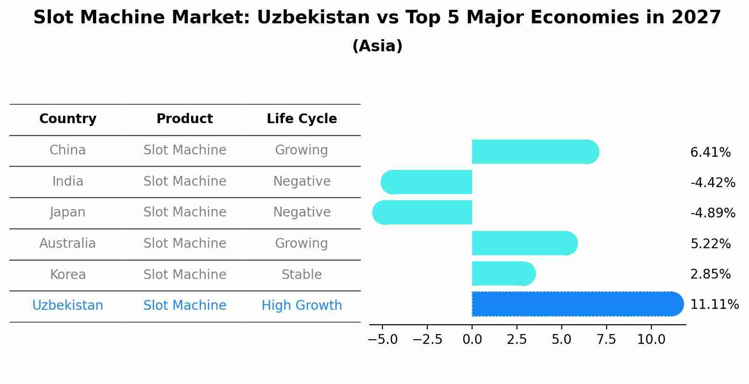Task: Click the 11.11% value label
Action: tap(714, 305)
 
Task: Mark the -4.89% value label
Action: tap(713, 213)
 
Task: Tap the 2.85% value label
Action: tap(710, 274)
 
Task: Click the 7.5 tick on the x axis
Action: tap(606, 340)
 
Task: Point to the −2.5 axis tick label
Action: tap(427, 340)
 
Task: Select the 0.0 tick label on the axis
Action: tap(472, 340)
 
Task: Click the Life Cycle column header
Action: tap(302, 119)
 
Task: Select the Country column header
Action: tap(68, 119)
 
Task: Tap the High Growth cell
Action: tap(302, 306)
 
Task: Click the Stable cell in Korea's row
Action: tap(302, 275)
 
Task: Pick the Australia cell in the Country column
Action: tap(68, 244)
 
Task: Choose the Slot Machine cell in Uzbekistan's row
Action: tap(185, 306)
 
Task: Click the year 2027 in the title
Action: tap(696, 18)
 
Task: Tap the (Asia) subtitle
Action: tap(377, 46)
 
